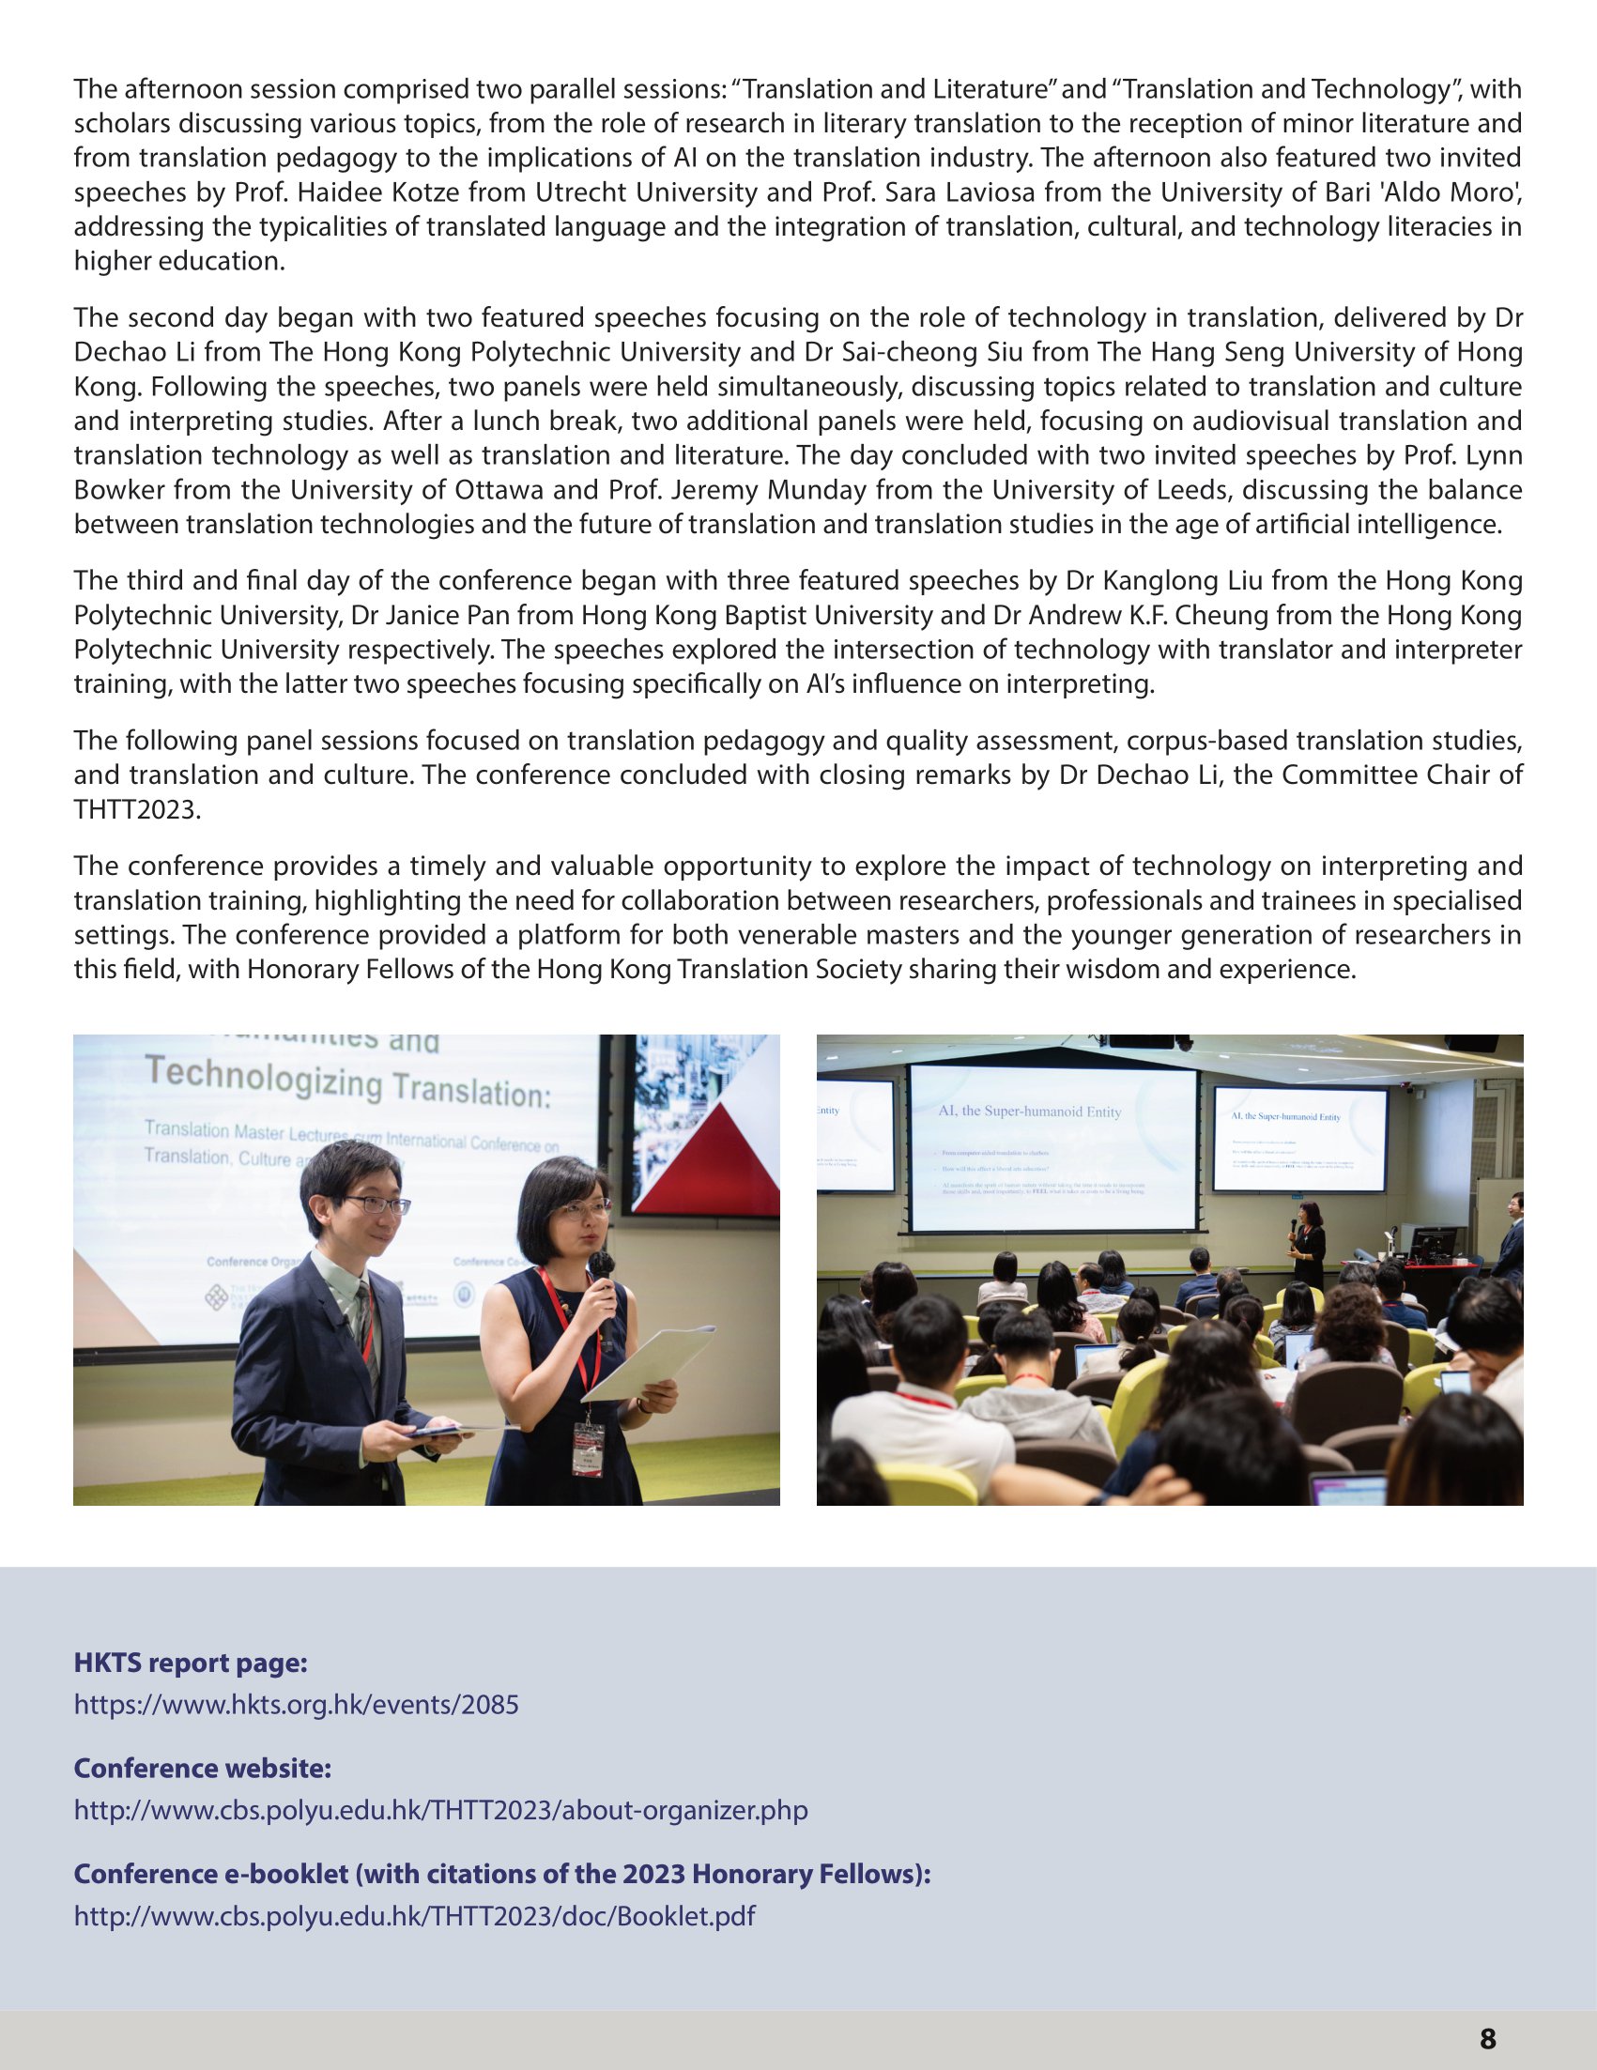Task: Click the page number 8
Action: pyautogui.click(x=1487, y=2037)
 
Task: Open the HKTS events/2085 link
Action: pyautogui.click(x=297, y=1705)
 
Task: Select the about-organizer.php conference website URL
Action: pyautogui.click(x=440, y=1810)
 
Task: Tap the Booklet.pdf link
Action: pyautogui.click(x=414, y=1915)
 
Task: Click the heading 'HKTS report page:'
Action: pyautogui.click(x=191, y=1663)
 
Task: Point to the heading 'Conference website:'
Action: pyautogui.click(x=203, y=1768)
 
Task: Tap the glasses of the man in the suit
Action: pyautogui.click(x=376, y=1205)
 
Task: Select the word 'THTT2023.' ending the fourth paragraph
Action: pyautogui.click(x=137, y=810)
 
